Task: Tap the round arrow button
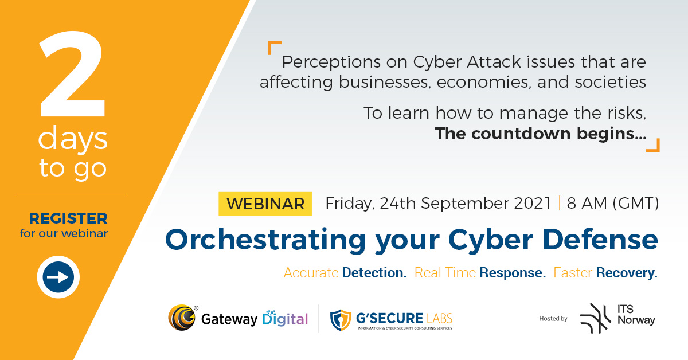[58, 277]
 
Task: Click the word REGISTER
[68, 218]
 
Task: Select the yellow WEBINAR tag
[265, 204]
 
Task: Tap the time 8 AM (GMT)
[612, 204]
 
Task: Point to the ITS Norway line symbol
[595, 318]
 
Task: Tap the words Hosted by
[553, 319]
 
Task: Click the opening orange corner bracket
[274, 48]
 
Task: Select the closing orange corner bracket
[652, 145]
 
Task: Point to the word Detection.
[374, 273]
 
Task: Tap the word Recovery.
[627, 273]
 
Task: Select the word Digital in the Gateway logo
[285, 319]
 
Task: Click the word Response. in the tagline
[512, 273]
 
